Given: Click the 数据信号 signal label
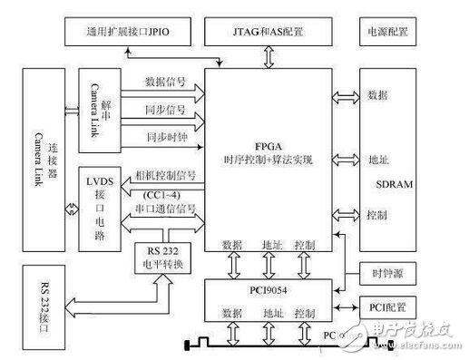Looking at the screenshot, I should coord(165,81).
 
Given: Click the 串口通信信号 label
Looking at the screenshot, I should coord(170,209).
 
